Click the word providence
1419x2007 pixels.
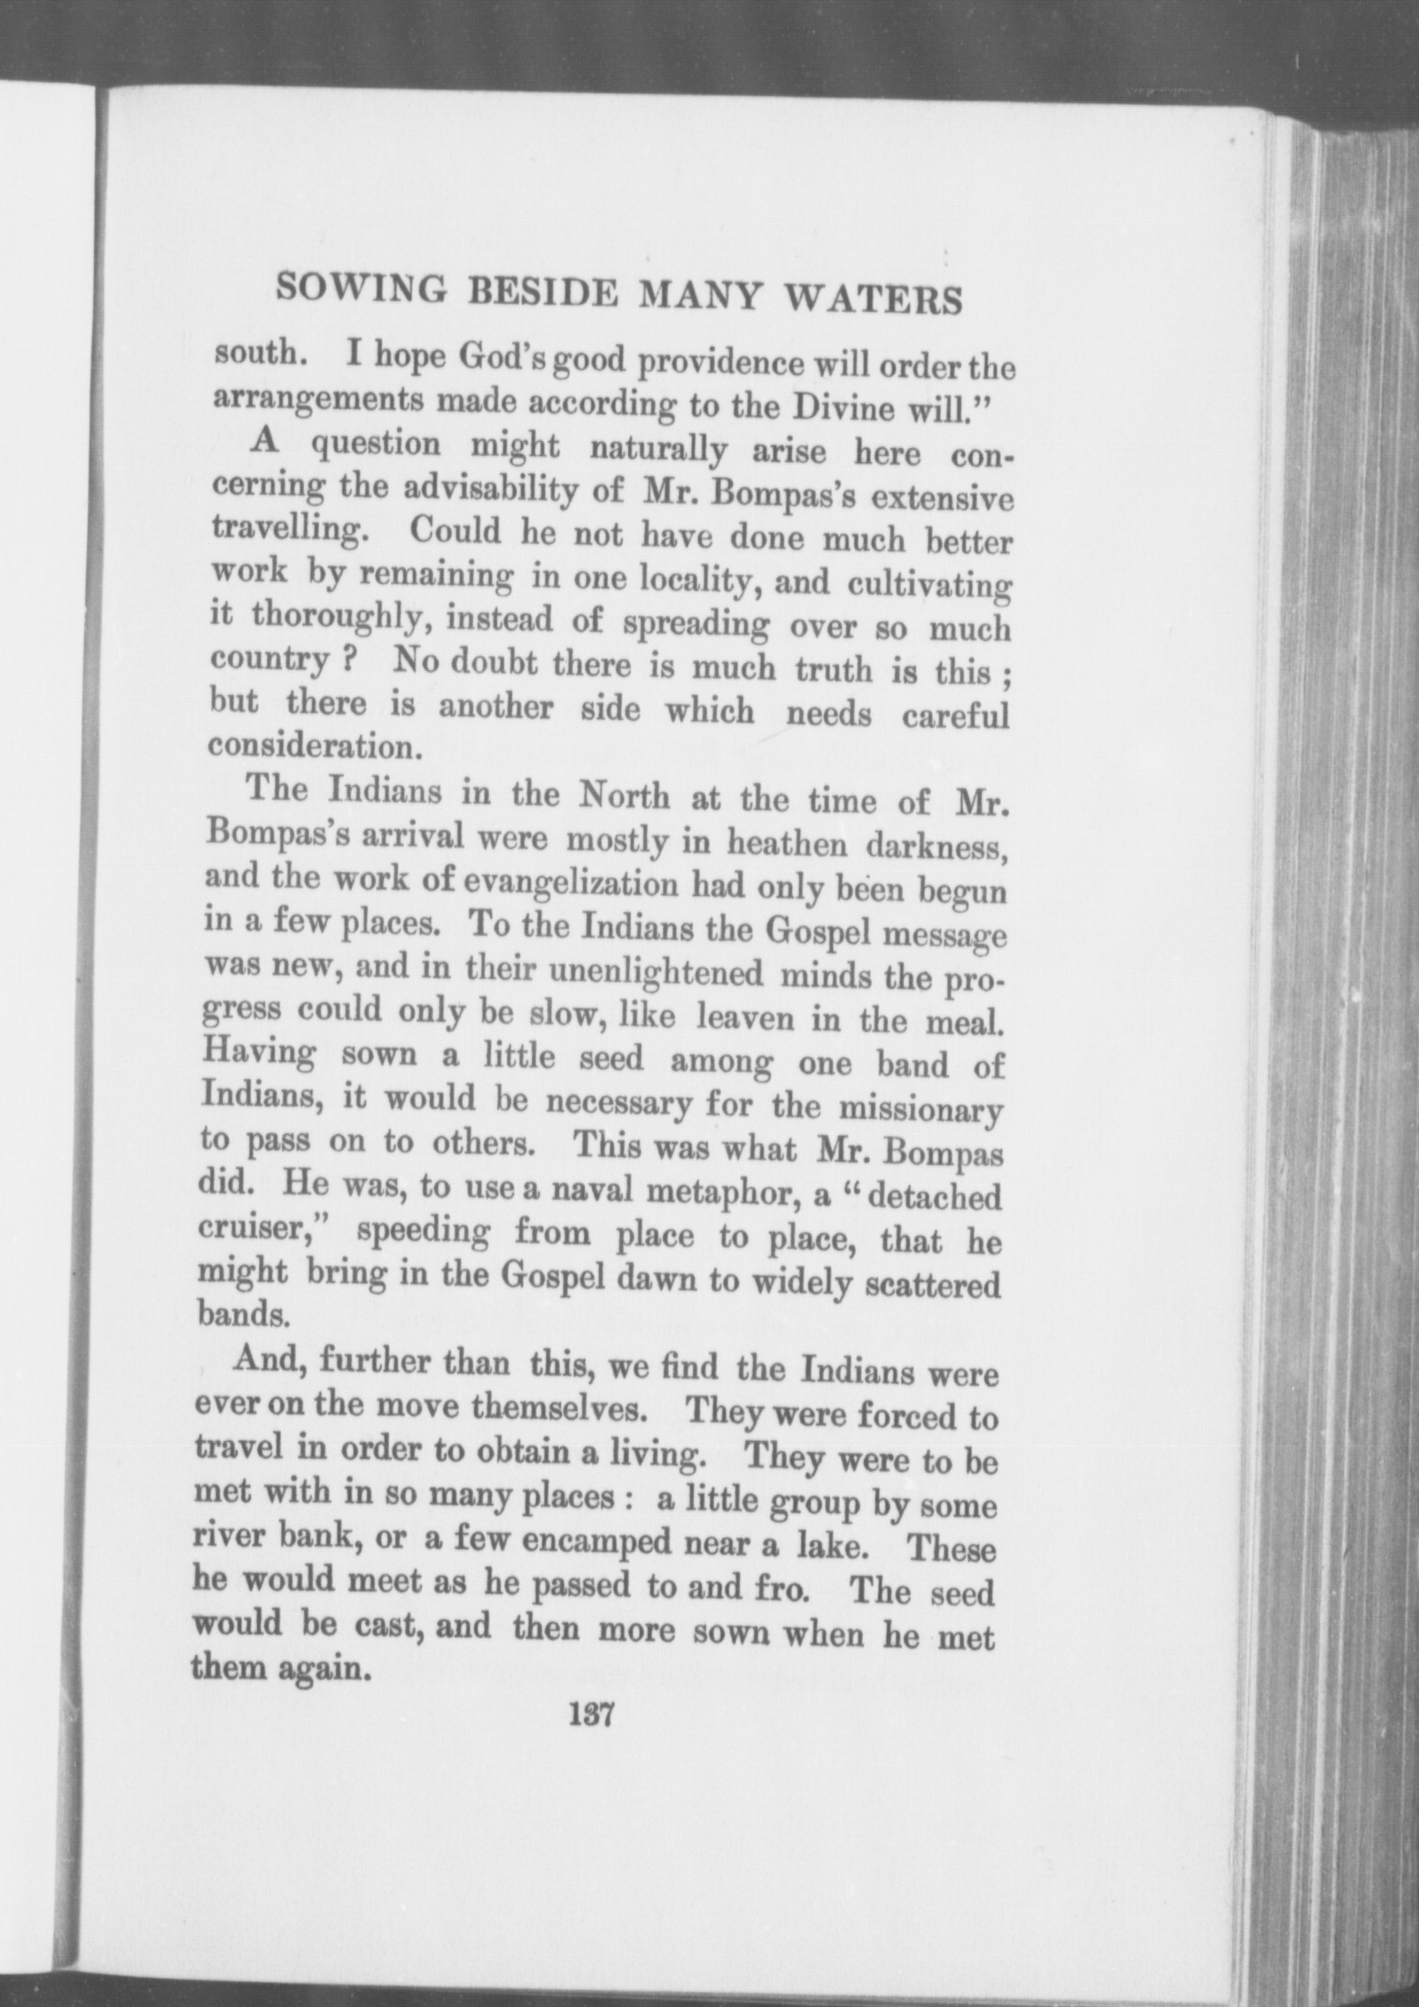click(725, 364)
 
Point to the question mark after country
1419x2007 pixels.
click(355, 660)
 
